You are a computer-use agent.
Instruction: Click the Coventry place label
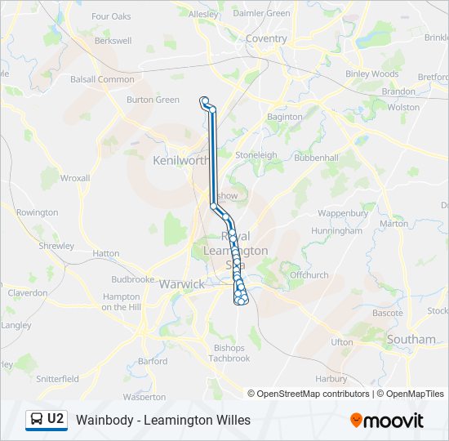266,38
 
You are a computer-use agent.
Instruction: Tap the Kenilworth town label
180,161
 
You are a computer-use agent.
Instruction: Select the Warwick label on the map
181,284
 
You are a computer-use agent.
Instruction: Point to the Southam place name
411,339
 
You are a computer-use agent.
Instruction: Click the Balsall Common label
102,79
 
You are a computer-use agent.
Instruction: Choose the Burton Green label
153,100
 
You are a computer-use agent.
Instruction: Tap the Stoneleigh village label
256,154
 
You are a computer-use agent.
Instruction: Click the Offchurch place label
309,275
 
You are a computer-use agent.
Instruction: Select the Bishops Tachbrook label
229,353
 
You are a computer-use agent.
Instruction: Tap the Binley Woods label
371,73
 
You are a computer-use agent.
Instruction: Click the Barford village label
153,361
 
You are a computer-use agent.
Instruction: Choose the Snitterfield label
57,379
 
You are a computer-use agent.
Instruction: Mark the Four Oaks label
111,16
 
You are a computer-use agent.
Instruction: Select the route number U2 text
56,419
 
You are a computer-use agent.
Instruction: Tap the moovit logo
387,421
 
